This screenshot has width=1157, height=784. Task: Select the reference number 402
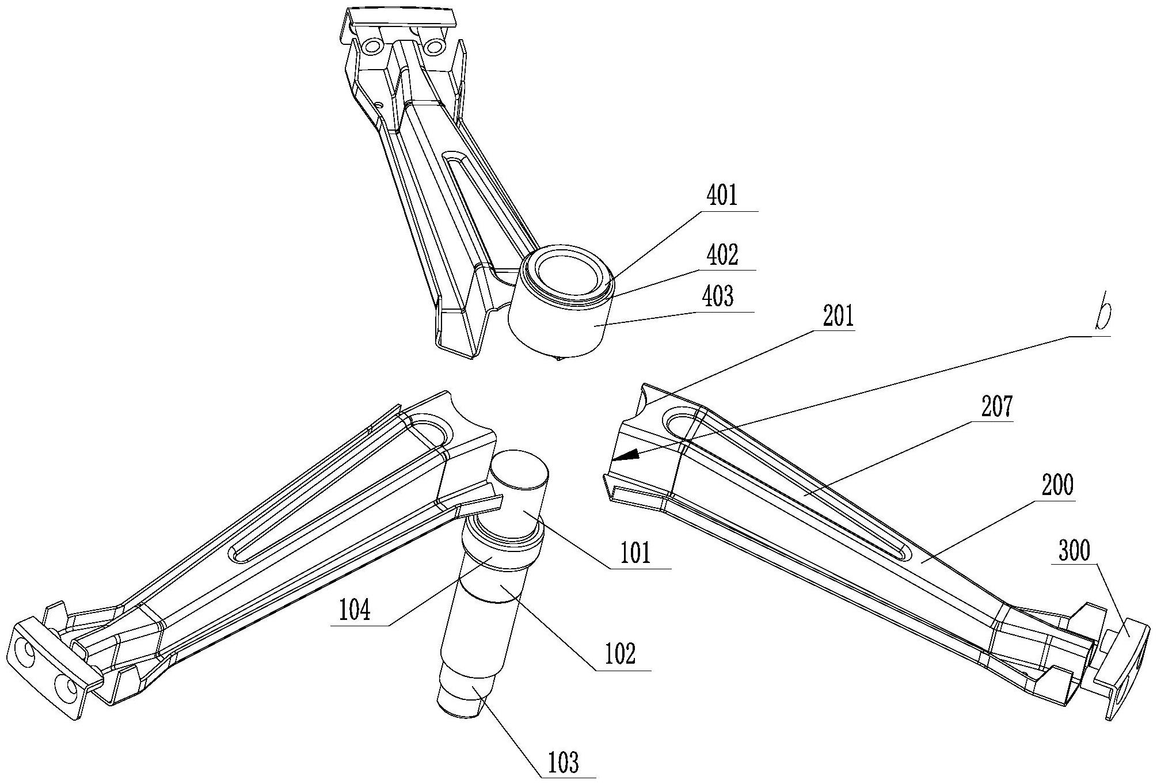(722, 255)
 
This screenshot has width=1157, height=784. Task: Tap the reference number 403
(718, 298)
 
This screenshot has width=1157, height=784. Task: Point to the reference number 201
(838, 317)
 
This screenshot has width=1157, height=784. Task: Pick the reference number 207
(996, 408)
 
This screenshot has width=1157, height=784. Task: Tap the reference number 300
(1074, 551)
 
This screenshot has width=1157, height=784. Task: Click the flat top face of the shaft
(520, 470)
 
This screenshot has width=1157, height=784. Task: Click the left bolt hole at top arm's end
(373, 45)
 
